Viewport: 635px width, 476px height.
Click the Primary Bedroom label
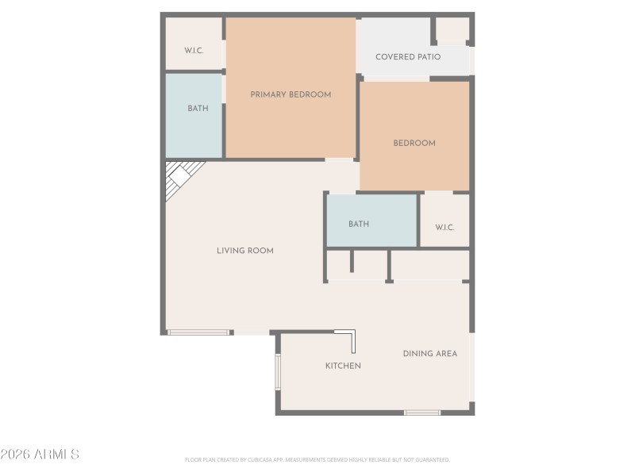(x=291, y=94)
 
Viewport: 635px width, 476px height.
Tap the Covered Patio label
(x=408, y=57)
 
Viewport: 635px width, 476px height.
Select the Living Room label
(x=245, y=251)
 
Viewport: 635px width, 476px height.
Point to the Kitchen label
(x=343, y=366)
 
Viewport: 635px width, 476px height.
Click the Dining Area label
(x=430, y=354)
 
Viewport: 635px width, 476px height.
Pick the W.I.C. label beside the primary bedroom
(x=194, y=51)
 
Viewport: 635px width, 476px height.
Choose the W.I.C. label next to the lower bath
(x=444, y=228)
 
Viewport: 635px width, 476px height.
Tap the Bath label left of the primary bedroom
(x=198, y=109)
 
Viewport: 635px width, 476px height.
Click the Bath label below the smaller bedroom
(x=359, y=225)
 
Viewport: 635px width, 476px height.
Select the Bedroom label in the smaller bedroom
(x=414, y=144)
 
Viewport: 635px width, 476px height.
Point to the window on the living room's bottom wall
(x=198, y=332)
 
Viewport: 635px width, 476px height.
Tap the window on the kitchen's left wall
(x=278, y=371)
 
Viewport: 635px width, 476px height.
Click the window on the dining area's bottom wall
(x=422, y=413)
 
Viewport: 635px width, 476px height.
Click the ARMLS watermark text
(x=40, y=455)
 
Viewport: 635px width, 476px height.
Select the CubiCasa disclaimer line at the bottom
(x=317, y=459)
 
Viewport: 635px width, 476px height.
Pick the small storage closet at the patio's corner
(x=452, y=29)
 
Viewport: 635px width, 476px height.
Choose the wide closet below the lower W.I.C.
(x=429, y=265)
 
